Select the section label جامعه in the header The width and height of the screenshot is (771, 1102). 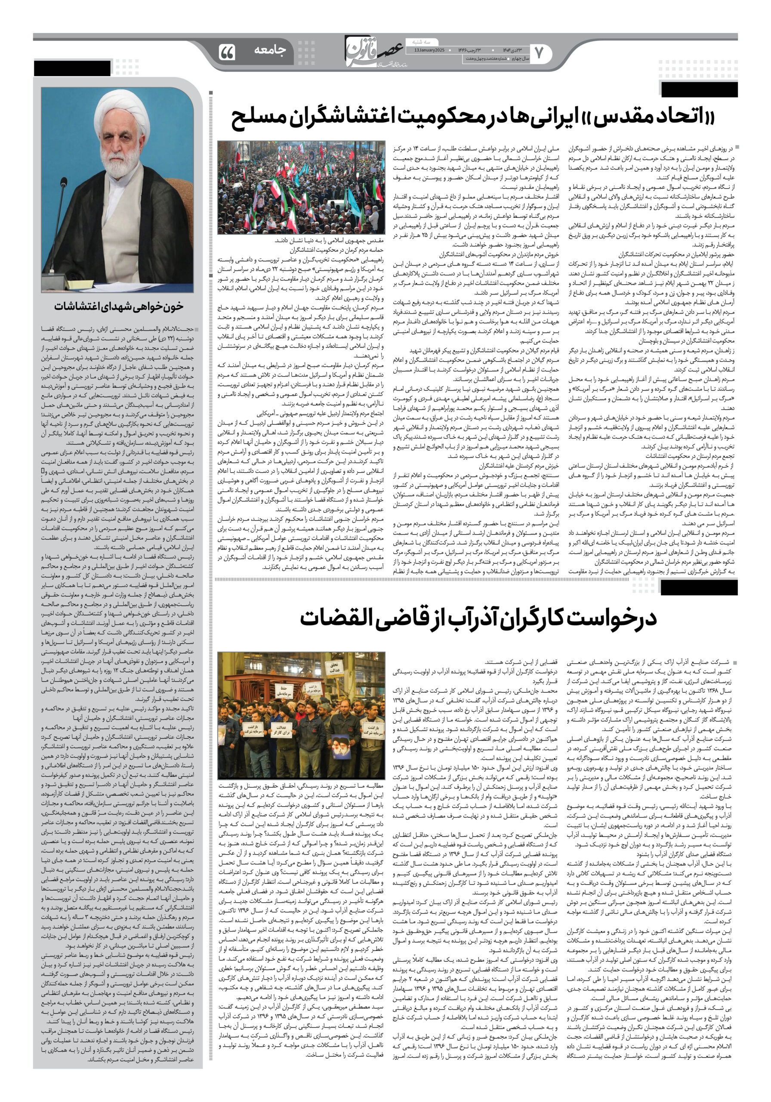[x=270, y=50]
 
